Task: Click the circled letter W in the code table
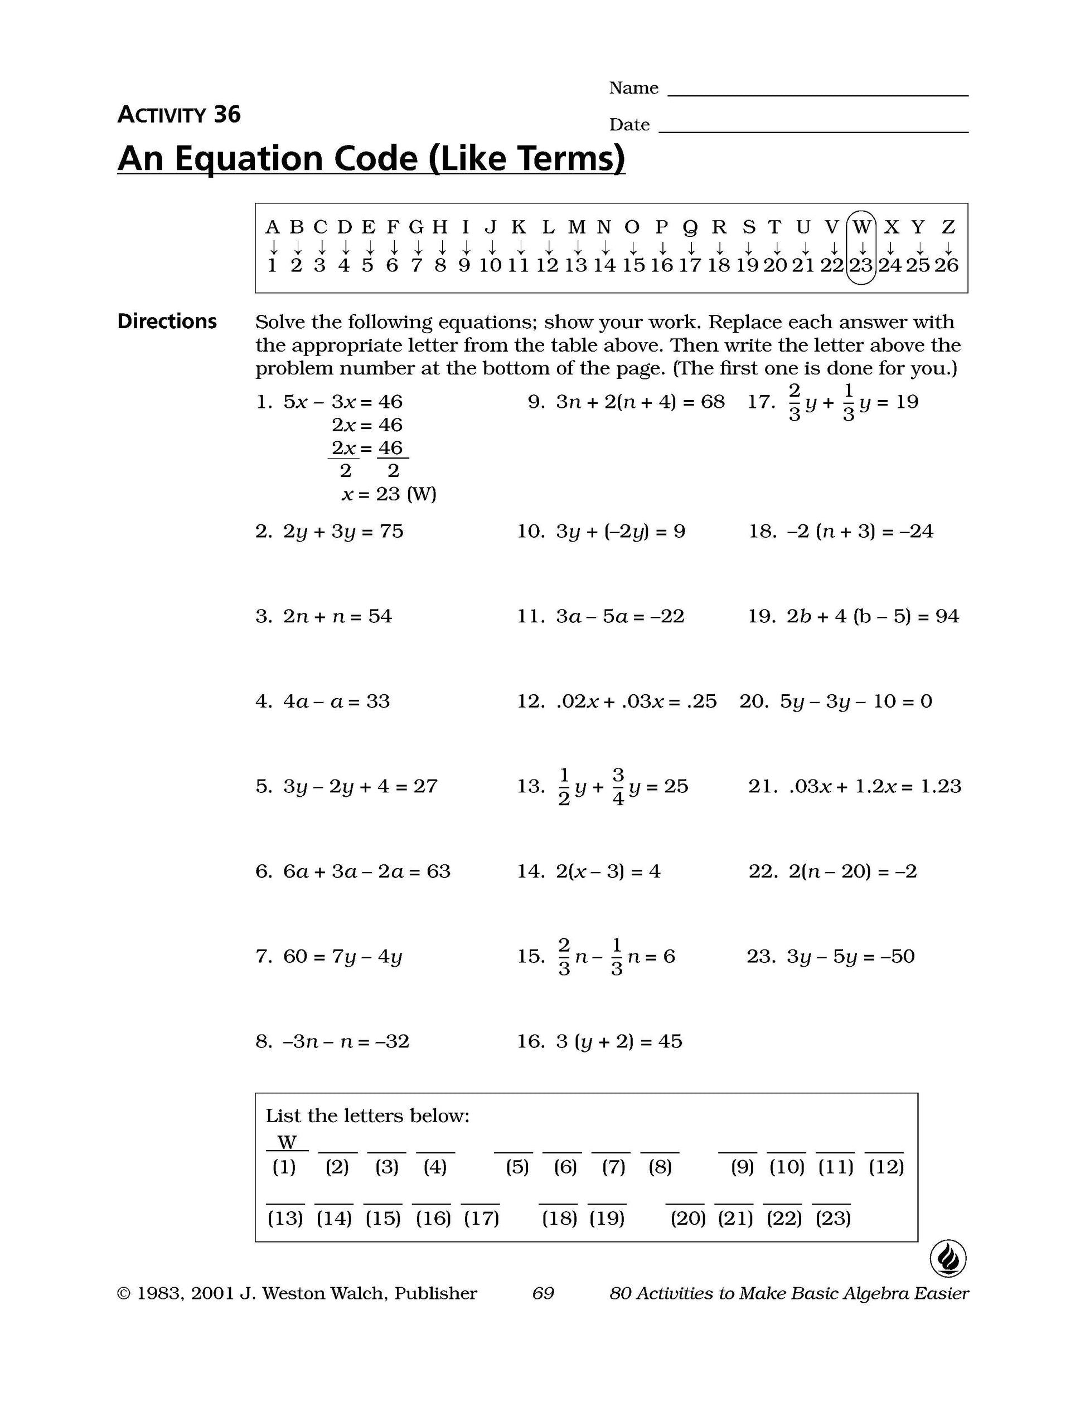click(861, 227)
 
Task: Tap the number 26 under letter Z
click(946, 265)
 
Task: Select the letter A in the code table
click(272, 227)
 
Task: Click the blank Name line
click(817, 90)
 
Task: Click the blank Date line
click(813, 126)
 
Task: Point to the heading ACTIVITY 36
click(178, 114)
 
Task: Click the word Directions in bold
click(167, 321)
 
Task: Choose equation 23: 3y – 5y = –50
click(849, 956)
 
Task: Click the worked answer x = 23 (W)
click(389, 494)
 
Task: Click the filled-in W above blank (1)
click(287, 1142)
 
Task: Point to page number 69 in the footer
click(543, 1293)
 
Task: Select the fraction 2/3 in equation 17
click(795, 402)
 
